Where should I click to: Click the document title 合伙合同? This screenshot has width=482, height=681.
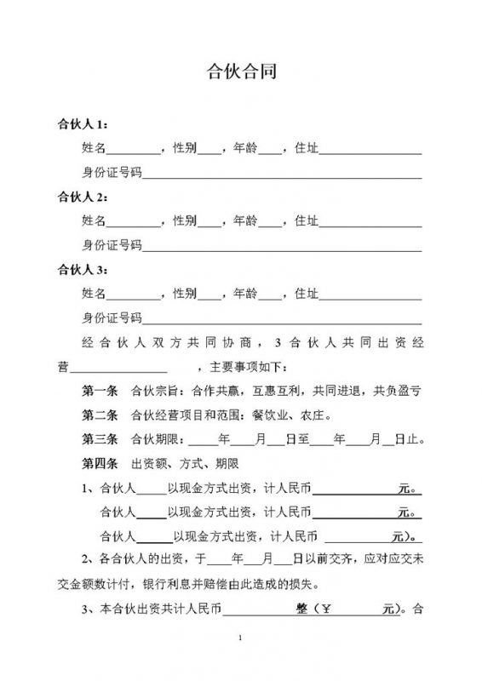click(241, 72)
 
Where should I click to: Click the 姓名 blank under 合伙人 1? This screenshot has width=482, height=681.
click(132, 151)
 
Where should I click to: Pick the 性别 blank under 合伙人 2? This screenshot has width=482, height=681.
click(209, 223)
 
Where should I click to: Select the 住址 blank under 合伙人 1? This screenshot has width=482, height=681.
click(370, 151)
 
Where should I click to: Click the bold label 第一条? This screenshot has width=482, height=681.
click(99, 392)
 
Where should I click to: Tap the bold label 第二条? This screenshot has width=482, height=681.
click(99, 416)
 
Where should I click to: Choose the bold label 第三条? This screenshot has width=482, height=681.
click(99, 441)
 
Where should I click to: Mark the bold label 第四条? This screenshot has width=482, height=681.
click(99, 465)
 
